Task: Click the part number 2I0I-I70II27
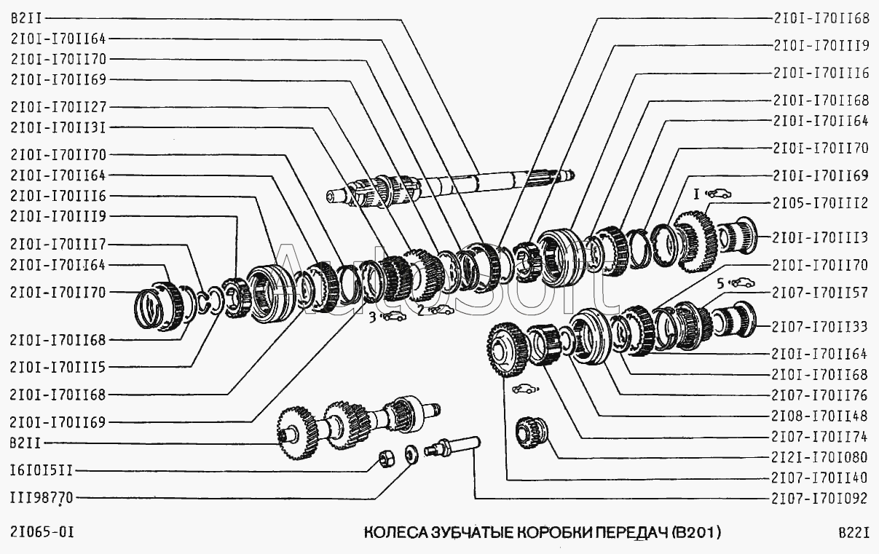[59, 105]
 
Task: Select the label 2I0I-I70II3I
[59, 127]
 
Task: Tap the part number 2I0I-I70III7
[59, 244]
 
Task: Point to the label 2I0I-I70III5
[59, 367]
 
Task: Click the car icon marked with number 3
[393, 316]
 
